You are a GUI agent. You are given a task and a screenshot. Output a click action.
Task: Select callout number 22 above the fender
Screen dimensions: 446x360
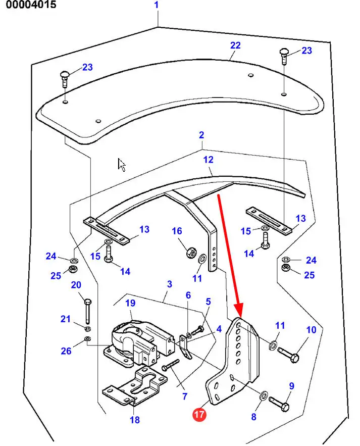(235, 45)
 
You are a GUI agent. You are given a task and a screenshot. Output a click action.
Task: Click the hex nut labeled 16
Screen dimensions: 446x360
(191, 251)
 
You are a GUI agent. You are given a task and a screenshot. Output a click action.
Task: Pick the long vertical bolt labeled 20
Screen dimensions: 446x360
(87, 309)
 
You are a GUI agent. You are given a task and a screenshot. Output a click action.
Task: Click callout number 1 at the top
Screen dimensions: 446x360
(157, 6)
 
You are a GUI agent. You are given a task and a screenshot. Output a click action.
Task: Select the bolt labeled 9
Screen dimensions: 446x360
(279, 403)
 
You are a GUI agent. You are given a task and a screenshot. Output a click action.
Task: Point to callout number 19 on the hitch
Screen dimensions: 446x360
(131, 303)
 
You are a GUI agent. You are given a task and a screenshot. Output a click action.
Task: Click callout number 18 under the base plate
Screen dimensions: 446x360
(135, 419)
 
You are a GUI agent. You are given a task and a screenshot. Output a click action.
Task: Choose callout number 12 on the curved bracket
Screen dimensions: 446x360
(209, 160)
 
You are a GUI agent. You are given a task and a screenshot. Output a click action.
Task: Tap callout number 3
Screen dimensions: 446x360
(169, 284)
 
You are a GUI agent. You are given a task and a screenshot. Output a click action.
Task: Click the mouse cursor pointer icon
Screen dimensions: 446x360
(122, 165)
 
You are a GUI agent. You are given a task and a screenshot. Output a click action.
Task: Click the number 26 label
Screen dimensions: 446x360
(66, 351)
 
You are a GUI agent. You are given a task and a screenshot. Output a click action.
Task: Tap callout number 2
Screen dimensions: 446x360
(201, 135)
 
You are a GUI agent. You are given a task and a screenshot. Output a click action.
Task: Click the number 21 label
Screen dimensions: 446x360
(66, 319)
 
